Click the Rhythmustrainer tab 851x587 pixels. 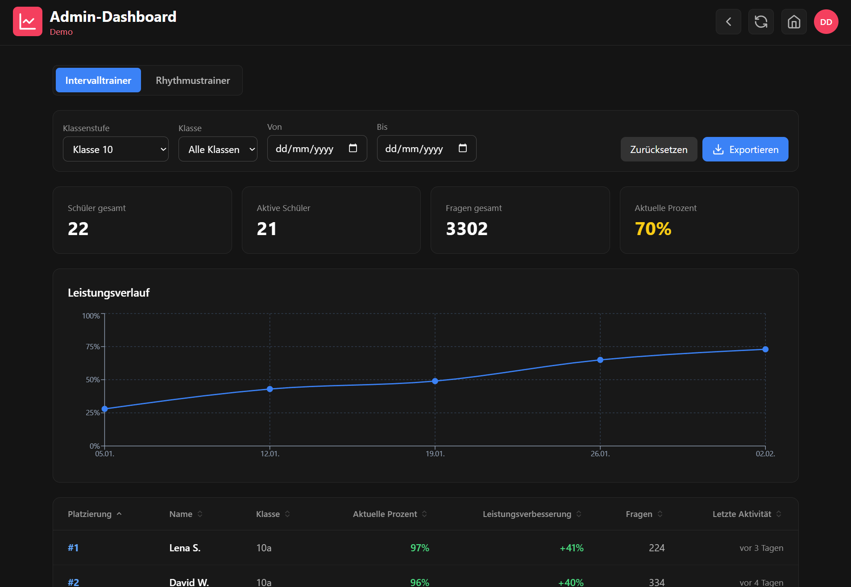click(193, 80)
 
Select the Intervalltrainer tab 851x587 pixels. click(98, 80)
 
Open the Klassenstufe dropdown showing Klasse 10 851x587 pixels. click(116, 149)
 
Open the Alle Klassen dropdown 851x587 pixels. click(218, 149)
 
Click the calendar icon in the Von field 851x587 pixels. click(353, 148)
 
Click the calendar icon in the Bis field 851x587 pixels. click(463, 148)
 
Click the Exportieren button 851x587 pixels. click(745, 149)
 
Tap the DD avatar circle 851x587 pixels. click(826, 22)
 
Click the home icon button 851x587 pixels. click(794, 22)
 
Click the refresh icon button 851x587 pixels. click(761, 22)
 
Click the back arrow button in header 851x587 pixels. click(728, 22)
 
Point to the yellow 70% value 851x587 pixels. click(653, 229)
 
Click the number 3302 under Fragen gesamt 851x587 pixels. click(467, 229)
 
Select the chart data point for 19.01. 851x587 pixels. click(435, 381)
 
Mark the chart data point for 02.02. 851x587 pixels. click(765, 349)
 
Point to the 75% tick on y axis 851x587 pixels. click(93, 347)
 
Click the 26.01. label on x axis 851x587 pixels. click(600, 454)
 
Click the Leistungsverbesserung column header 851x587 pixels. click(527, 514)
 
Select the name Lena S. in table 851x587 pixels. click(185, 548)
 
